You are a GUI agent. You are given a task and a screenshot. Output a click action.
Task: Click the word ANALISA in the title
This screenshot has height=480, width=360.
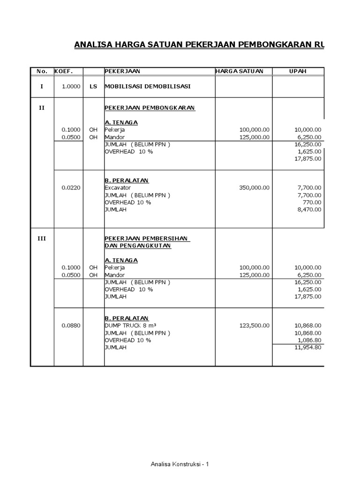(x=93, y=45)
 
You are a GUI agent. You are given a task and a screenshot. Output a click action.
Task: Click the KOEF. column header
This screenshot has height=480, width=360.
(x=63, y=71)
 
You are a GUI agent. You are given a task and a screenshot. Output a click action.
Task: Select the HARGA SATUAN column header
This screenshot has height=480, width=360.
(x=239, y=71)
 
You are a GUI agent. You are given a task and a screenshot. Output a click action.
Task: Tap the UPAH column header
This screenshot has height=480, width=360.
(x=298, y=71)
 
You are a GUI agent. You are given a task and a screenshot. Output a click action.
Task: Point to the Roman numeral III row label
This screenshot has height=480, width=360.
(x=42, y=239)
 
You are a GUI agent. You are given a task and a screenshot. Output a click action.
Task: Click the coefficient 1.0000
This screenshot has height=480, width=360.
(x=71, y=87)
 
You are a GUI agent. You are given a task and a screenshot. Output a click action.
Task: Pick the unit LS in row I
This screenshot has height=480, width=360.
(x=93, y=87)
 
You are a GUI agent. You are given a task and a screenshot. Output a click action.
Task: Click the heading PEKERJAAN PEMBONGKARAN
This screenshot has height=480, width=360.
(x=150, y=108)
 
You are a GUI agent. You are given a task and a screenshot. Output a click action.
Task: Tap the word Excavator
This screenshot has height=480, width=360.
(x=118, y=187)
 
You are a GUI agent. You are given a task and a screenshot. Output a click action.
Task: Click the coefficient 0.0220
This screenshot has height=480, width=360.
(x=71, y=187)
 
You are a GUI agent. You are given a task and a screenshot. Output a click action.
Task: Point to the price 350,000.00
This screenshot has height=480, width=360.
(x=254, y=187)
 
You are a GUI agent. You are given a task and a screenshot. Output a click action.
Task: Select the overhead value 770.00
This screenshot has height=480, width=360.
(x=312, y=202)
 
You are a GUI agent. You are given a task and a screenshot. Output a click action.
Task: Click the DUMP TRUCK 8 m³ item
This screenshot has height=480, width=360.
(x=129, y=325)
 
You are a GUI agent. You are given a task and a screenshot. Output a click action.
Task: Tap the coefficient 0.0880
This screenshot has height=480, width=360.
(x=71, y=325)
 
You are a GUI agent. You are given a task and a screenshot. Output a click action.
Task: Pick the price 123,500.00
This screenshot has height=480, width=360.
(x=254, y=325)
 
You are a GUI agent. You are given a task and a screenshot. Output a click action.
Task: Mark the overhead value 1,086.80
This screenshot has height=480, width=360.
(x=308, y=340)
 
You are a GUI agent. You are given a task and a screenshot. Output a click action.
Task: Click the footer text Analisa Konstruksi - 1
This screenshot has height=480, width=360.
(x=180, y=465)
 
